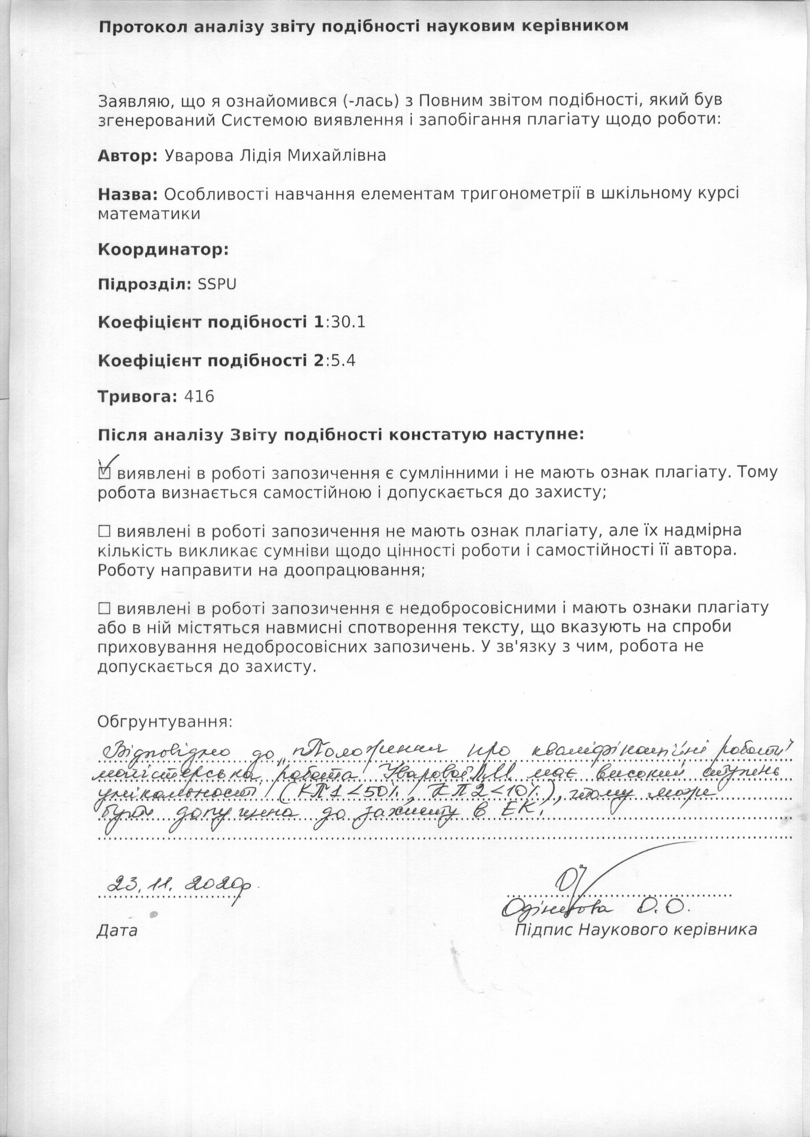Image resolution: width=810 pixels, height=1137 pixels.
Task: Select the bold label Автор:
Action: (x=128, y=156)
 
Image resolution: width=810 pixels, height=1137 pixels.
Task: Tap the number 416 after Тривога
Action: (x=199, y=397)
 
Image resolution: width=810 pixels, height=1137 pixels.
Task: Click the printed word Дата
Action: (x=117, y=931)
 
